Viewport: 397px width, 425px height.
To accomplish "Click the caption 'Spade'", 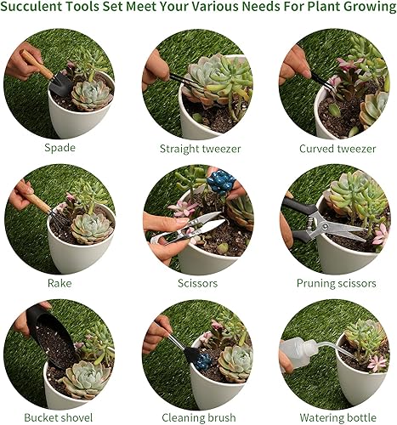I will coord(60,146).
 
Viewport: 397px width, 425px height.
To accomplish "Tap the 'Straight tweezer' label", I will coord(200,149).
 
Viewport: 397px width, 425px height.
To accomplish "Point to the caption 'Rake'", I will coord(60,282).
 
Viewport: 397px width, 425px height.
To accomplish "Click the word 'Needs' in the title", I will coord(247,10).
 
